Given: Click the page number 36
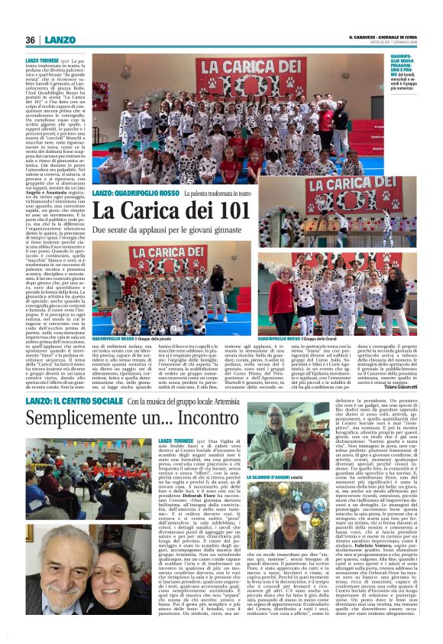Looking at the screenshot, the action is (31, 40).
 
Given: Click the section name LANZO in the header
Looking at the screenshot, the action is (60, 40).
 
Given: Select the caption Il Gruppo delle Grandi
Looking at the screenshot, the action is (320, 337).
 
